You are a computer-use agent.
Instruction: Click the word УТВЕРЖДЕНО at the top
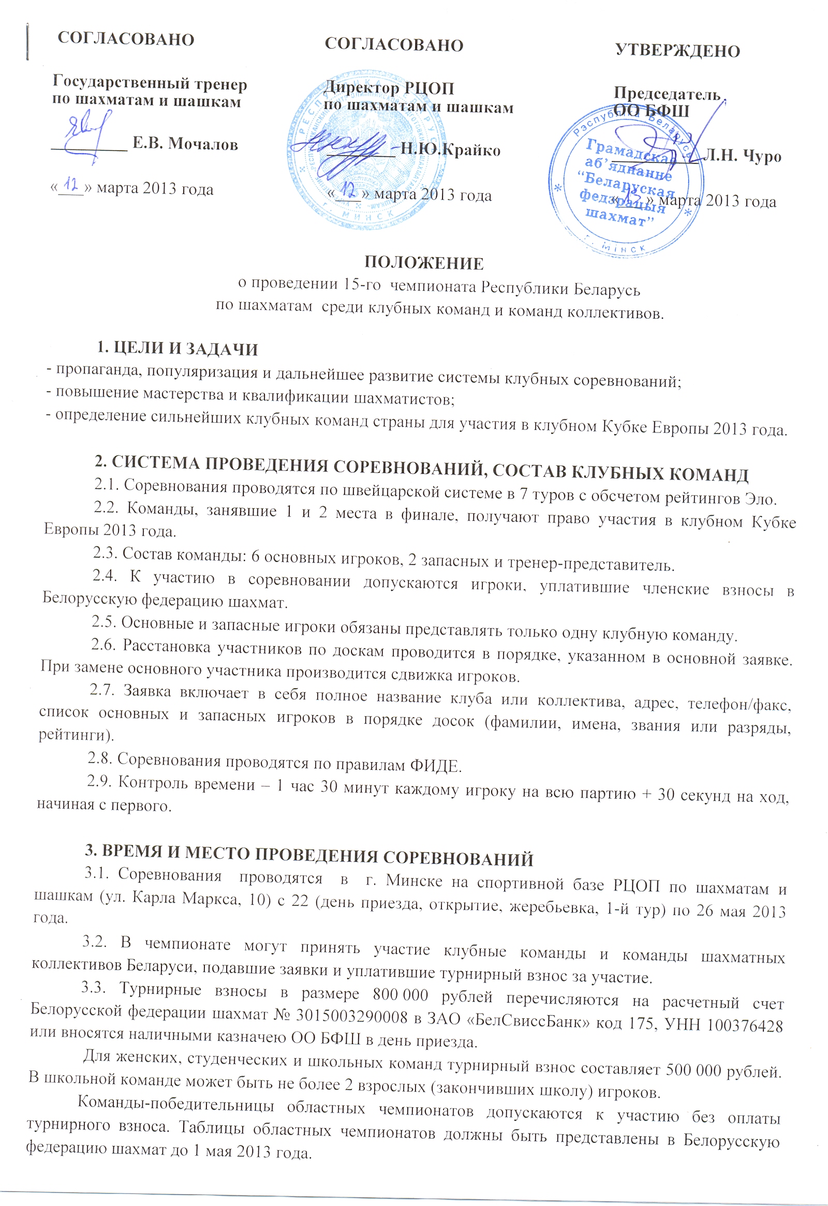click(677, 51)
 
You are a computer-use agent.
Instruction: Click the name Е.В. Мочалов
click(185, 144)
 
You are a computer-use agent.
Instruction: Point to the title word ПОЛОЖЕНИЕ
click(424, 263)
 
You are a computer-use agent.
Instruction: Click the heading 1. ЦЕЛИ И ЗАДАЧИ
click(178, 349)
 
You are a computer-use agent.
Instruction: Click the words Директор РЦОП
click(389, 88)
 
